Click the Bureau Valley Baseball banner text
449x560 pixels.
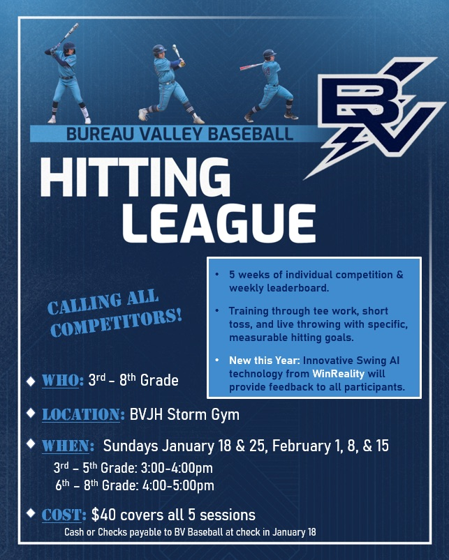pyautogui.click(x=180, y=133)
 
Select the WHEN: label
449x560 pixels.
pyautogui.click(x=68, y=446)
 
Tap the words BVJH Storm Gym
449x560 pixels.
pyautogui.click(x=184, y=414)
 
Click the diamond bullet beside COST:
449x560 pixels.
pyautogui.click(x=30, y=513)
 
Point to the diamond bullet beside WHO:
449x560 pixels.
pyautogui.click(x=30, y=381)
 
